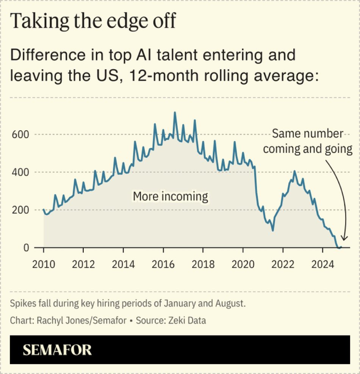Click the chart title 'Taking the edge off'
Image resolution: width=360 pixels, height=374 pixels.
[93, 21]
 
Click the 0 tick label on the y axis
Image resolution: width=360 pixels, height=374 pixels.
[26, 248]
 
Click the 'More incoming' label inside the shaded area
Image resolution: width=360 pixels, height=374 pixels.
[170, 196]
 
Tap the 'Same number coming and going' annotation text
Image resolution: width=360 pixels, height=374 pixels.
[308, 141]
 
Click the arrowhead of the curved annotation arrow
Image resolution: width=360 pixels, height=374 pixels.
[343, 238]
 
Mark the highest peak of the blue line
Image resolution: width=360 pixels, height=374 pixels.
[175, 112]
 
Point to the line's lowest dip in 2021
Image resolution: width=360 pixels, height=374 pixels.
[272, 230]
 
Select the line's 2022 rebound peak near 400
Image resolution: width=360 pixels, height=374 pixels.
[294, 171]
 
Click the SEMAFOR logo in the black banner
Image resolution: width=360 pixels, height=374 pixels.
[57, 350]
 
